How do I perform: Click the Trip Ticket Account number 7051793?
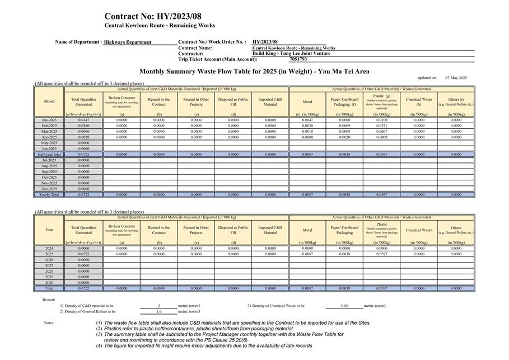298,59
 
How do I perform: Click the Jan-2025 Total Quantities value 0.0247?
83,120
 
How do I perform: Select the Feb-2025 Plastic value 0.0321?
381,125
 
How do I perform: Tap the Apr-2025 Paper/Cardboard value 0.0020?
344,137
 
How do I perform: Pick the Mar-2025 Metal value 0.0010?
307,132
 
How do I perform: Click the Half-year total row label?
49,155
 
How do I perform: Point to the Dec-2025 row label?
49,189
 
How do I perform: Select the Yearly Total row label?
49,195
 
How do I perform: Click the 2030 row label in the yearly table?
49,283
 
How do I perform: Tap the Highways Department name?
128,42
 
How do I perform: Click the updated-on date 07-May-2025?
456,78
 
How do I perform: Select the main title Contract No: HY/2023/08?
152,16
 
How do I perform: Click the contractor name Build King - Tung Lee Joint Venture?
291,54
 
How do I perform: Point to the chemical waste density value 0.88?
344,306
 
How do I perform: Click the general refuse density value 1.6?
159,311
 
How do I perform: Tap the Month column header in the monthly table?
49,101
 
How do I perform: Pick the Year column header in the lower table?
49,230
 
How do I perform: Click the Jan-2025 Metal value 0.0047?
307,120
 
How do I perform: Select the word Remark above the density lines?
49,300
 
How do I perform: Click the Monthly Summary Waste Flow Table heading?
254,72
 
